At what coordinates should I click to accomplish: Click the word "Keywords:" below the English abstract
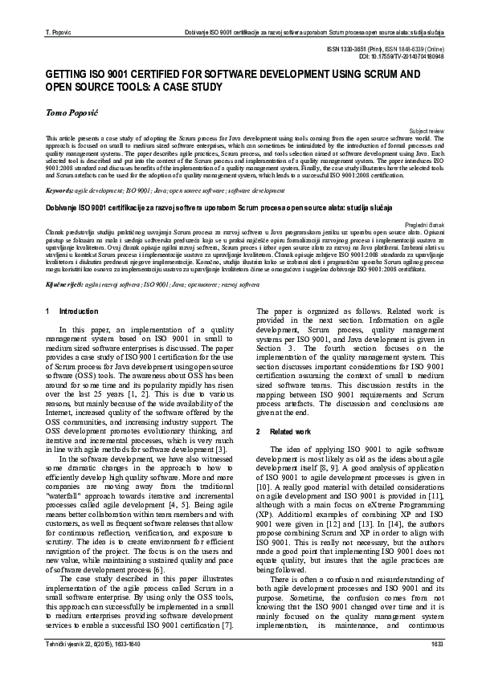[x=60, y=191]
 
